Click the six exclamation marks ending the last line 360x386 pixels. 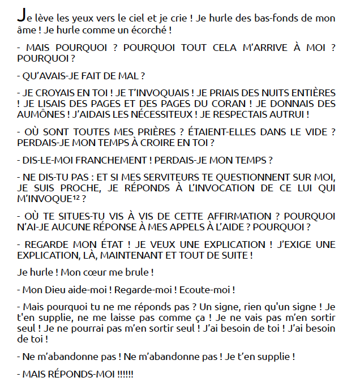pos(125,374)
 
